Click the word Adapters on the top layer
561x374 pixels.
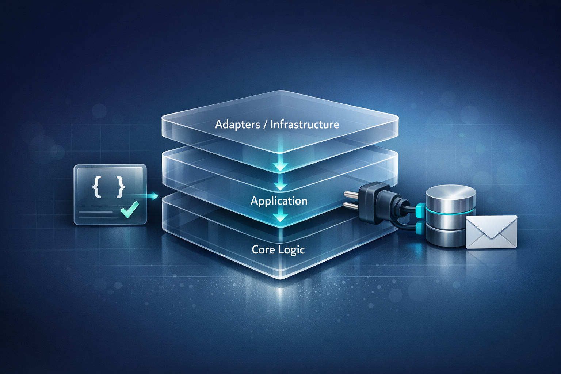pyautogui.click(x=237, y=125)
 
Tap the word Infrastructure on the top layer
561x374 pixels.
pyautogui.click(x=305, y=125)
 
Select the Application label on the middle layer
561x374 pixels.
pyautogui.click(x=279, y=201)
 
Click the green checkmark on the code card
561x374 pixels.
pyautogui.click(x=130, y=209)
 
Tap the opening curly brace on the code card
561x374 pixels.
pyautogui.click(x=97, y=187)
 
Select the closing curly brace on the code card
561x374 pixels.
pyautogui.click(x=121, y=187)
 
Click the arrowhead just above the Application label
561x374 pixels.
pyautogui.click(x=280, y=186)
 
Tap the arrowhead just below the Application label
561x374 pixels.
pyautogui.click(x=280, y=218)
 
